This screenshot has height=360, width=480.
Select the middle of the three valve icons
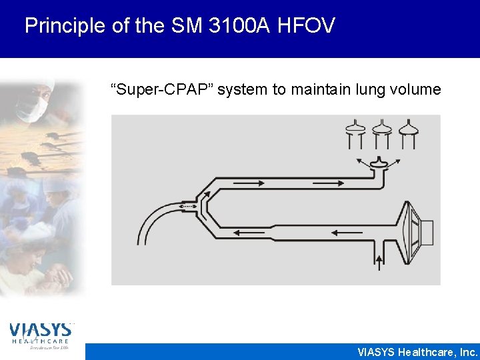pos(381,133)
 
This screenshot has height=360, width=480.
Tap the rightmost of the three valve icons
pos(407,133)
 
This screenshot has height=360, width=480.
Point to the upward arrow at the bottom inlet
pos(380,260)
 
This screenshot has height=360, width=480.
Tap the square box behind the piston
pos(427,233)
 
